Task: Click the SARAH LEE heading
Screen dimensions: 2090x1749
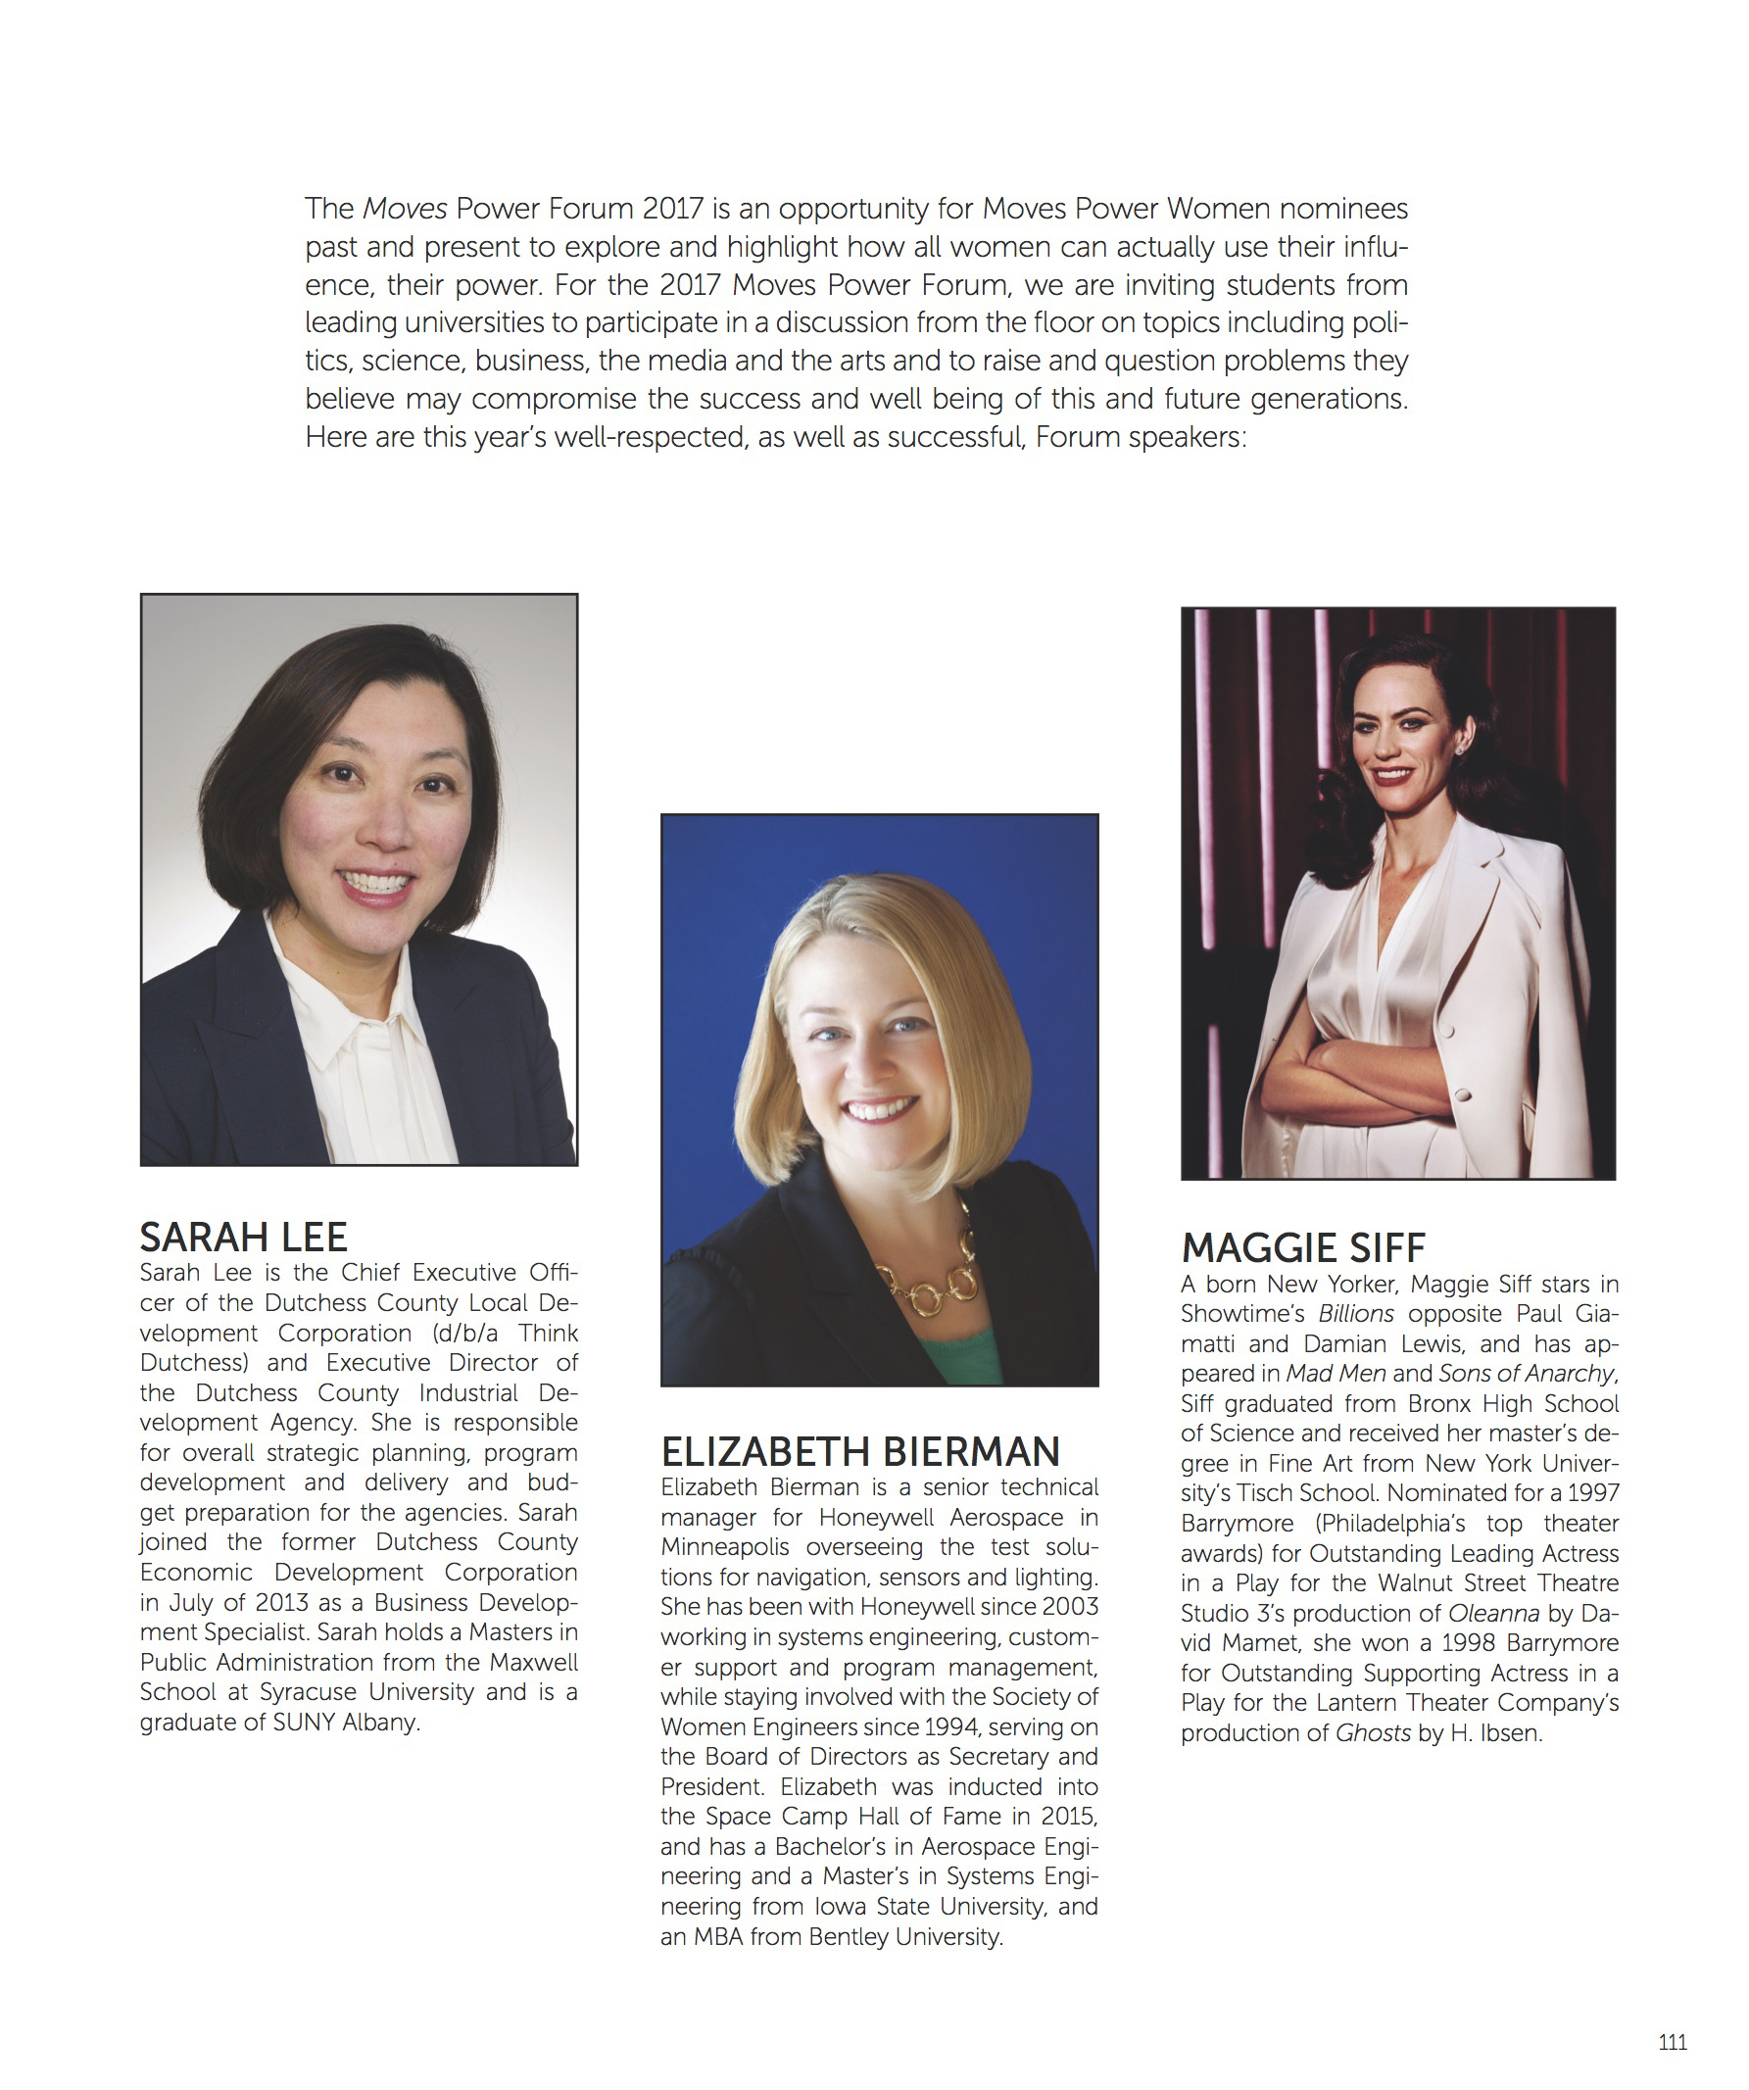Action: (x=243, y=1238)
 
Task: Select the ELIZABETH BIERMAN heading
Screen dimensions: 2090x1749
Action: (x=860, y=1452)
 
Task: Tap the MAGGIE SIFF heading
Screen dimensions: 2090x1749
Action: (x=1303, y=1248)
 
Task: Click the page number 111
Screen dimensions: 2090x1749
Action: (x=1673, y=2042)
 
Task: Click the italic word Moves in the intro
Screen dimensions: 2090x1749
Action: (x=405, y=209)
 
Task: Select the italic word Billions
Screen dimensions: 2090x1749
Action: (x=1356, y=1314)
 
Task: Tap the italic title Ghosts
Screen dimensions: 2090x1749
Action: (x=1373, y=1732)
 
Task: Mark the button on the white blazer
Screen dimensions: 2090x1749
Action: (x=1463, y=1094)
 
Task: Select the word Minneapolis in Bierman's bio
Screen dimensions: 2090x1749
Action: (x=725, y=1547)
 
